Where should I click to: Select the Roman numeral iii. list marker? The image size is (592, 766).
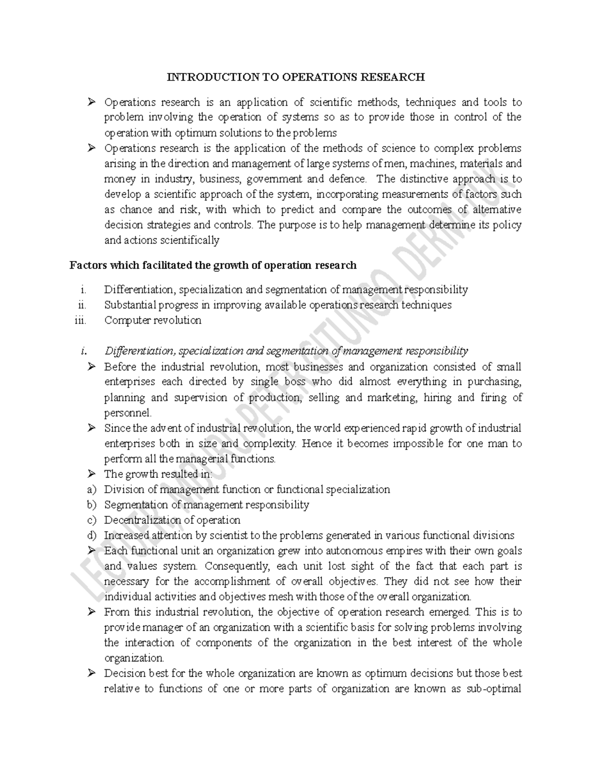tap(79, 320)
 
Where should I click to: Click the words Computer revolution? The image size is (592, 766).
tap(152, 320)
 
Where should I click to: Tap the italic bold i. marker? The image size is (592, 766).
tap(84, 351)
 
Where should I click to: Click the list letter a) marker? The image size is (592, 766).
tap(90, 489)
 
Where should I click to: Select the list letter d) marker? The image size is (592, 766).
tap(90, 535)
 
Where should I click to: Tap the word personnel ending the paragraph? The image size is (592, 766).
tap(128, 413)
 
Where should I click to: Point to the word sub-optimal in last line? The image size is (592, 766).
tap(494, 689)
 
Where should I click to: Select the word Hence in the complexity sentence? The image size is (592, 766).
tap(316, 443)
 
